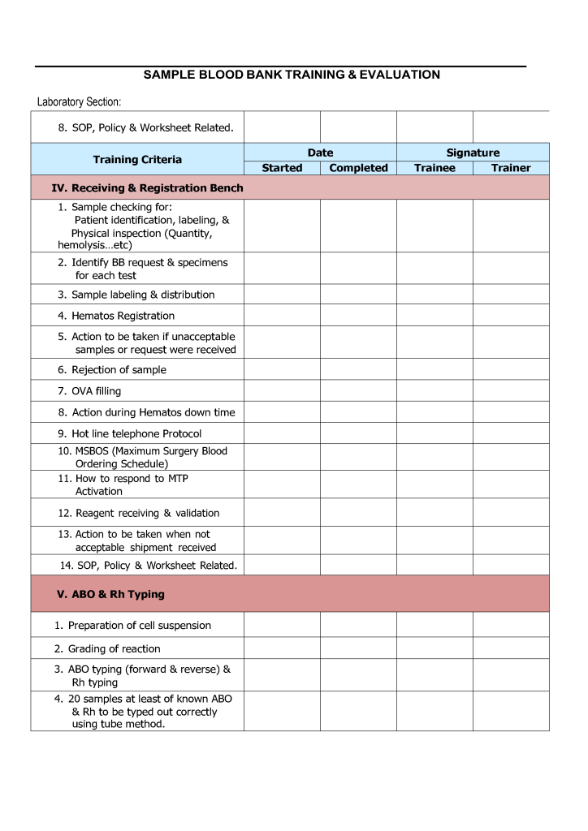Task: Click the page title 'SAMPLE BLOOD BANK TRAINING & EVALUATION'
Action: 292,75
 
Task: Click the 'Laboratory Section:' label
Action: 79,102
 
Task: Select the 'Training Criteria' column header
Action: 137,160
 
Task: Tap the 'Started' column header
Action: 282,168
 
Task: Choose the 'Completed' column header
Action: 358,168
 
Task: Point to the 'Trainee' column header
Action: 435,168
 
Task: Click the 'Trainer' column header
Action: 511,168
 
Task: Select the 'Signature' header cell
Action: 473,153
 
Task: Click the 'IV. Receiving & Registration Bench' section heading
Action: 147,188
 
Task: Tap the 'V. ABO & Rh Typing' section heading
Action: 110,594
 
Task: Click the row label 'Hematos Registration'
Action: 123,316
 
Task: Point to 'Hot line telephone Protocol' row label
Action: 136,434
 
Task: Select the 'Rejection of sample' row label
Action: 119,370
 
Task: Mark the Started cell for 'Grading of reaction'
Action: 282,648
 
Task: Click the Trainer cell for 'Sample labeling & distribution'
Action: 511,295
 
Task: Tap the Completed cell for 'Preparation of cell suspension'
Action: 358,625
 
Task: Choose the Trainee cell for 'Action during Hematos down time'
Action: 435,412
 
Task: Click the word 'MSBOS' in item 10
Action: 93,451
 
